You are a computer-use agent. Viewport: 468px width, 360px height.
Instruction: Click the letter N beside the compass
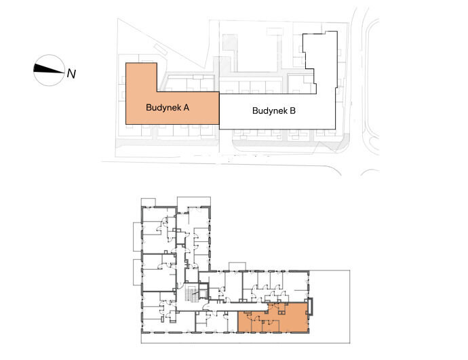coord(71,73)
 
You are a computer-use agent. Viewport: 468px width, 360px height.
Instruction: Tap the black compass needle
coord(49,68)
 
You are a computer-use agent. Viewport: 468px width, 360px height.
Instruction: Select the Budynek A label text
coord(168,107)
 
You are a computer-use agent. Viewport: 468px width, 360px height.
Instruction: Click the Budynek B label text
coord(274,111)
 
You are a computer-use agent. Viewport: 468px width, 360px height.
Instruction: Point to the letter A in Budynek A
coord(187,107)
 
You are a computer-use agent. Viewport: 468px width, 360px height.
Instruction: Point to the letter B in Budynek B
coord(292,111)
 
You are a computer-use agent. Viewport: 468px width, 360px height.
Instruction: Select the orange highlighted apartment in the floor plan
coord(272,318)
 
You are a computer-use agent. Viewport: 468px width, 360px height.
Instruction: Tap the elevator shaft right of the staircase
coord(204,292)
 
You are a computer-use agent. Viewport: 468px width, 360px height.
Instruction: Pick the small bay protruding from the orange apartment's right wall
coord(311,307)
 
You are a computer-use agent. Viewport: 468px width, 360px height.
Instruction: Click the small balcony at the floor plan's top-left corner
coord(149,202)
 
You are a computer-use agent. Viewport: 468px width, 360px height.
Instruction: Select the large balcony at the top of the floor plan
coord(194,201)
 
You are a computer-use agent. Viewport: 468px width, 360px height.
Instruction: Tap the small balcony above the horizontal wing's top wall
coord(237,266)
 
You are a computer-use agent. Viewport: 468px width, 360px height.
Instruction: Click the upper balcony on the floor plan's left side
coord(137,237)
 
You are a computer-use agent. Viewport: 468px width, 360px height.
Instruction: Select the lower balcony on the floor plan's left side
coord(137,273)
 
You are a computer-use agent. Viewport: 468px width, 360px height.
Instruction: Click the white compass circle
coord(49,71)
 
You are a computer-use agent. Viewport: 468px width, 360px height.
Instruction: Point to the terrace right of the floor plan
coord(329,306)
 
